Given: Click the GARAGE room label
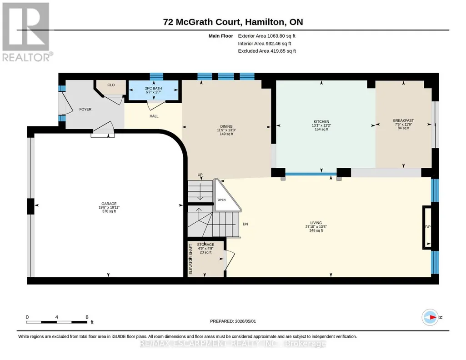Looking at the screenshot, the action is [x=109, y=204].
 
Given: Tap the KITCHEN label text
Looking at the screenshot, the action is [x=321, y=121].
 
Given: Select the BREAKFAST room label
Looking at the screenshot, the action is [x=403, y=120].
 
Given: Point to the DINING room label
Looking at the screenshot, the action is [x=226, y=126].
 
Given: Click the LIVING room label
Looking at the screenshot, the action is [x=316, y=223].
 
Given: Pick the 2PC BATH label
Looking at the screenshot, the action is [x=153, y=89].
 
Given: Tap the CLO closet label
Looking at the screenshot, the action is [x=111, y=85].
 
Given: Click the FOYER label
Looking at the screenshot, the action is [x=85, y=109].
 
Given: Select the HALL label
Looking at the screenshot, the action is [x=154, y=116].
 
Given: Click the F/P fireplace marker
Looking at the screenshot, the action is [x=428, y=227].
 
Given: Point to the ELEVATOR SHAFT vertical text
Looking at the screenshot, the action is [x=191, y=259].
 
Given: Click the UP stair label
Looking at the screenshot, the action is [x=200, y=175].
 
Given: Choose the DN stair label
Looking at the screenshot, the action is [x=245, y=224].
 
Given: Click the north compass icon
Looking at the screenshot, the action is [x=430, y=317].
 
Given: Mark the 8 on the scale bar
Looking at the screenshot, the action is [x=87, y=317].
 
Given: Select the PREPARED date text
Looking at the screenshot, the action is [x=233, y=321].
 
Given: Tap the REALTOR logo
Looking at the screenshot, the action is [x=27, y=32].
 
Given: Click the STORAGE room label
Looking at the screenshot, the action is [x=205, y=245].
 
